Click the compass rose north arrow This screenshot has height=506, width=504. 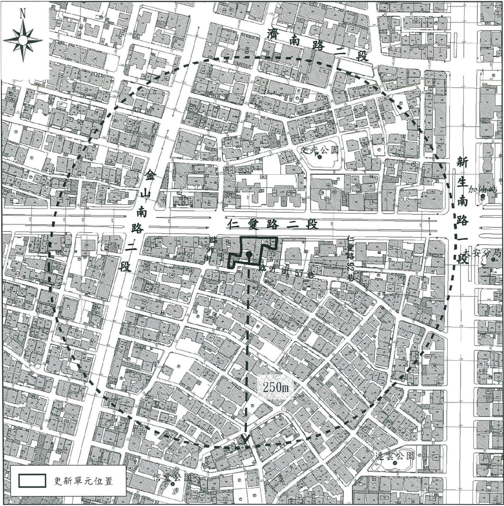[23, 40]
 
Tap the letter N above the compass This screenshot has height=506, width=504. [23, 14]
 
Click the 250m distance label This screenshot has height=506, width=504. [276, 387]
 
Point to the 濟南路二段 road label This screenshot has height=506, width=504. [318, 46]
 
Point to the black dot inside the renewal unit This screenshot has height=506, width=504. [249, 254]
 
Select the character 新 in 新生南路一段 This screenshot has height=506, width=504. [462, 164]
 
